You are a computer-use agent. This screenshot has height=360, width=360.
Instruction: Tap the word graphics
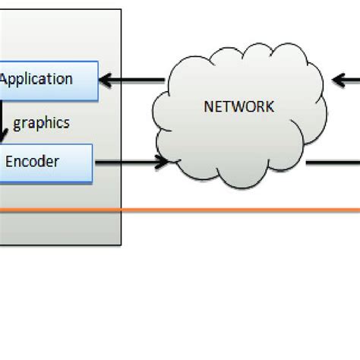coord(42,121)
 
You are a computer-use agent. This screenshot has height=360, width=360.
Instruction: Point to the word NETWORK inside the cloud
coord(238,106)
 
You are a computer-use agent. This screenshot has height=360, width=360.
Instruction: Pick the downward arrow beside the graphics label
coord(4,125)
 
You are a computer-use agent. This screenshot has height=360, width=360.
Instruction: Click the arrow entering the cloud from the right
coord(346,78)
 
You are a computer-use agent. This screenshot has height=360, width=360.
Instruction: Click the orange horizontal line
coord(228,210)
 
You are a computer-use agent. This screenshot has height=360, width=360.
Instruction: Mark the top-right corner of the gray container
coord(120,10)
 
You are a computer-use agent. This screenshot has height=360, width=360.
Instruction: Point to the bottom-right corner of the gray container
coord(120,245)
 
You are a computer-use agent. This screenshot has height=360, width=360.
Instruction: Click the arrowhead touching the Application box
coord(106,78)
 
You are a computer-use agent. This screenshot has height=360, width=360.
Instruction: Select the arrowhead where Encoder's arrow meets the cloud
coord(163,161)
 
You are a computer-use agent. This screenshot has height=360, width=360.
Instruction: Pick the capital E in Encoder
coord(10,161)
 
